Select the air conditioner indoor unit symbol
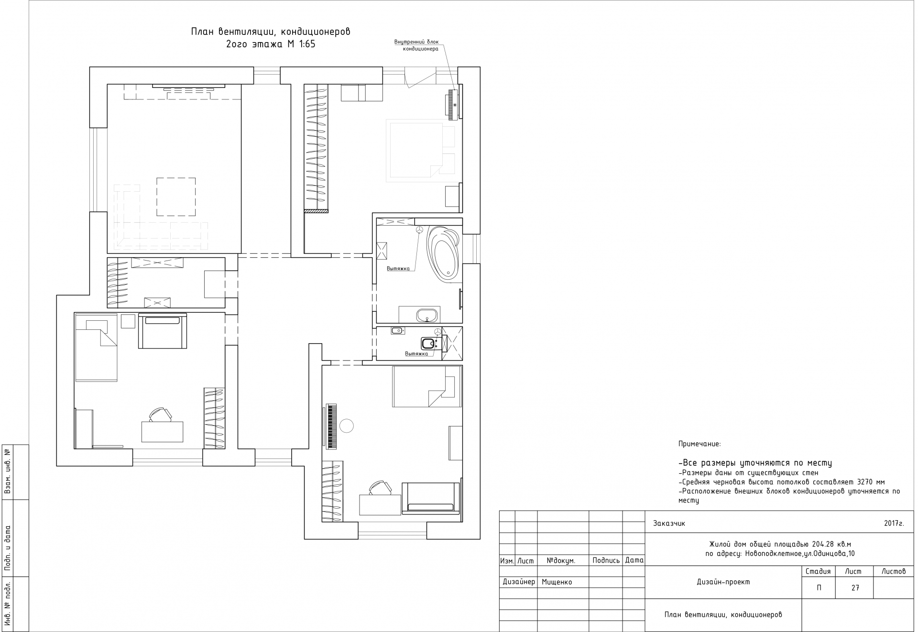click(452, 104)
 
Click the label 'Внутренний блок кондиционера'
click(416, 45)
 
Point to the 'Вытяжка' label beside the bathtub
click(398, 269)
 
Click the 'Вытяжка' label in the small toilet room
click(416, 354)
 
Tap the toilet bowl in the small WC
click(428, 343)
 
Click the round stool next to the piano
click(346, 425)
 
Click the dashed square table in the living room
click(176, 196)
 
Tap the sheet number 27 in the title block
click(855, 588)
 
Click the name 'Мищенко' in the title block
click(557, 582)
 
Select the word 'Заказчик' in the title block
click(669, 523)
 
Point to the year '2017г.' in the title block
click(894, 523)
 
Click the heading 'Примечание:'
click(699, 444)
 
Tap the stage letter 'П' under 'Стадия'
click(819, 588)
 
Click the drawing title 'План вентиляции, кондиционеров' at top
click(271, 32)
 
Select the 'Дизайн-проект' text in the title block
click(723, 582)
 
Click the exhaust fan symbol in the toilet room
click(437, 331)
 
